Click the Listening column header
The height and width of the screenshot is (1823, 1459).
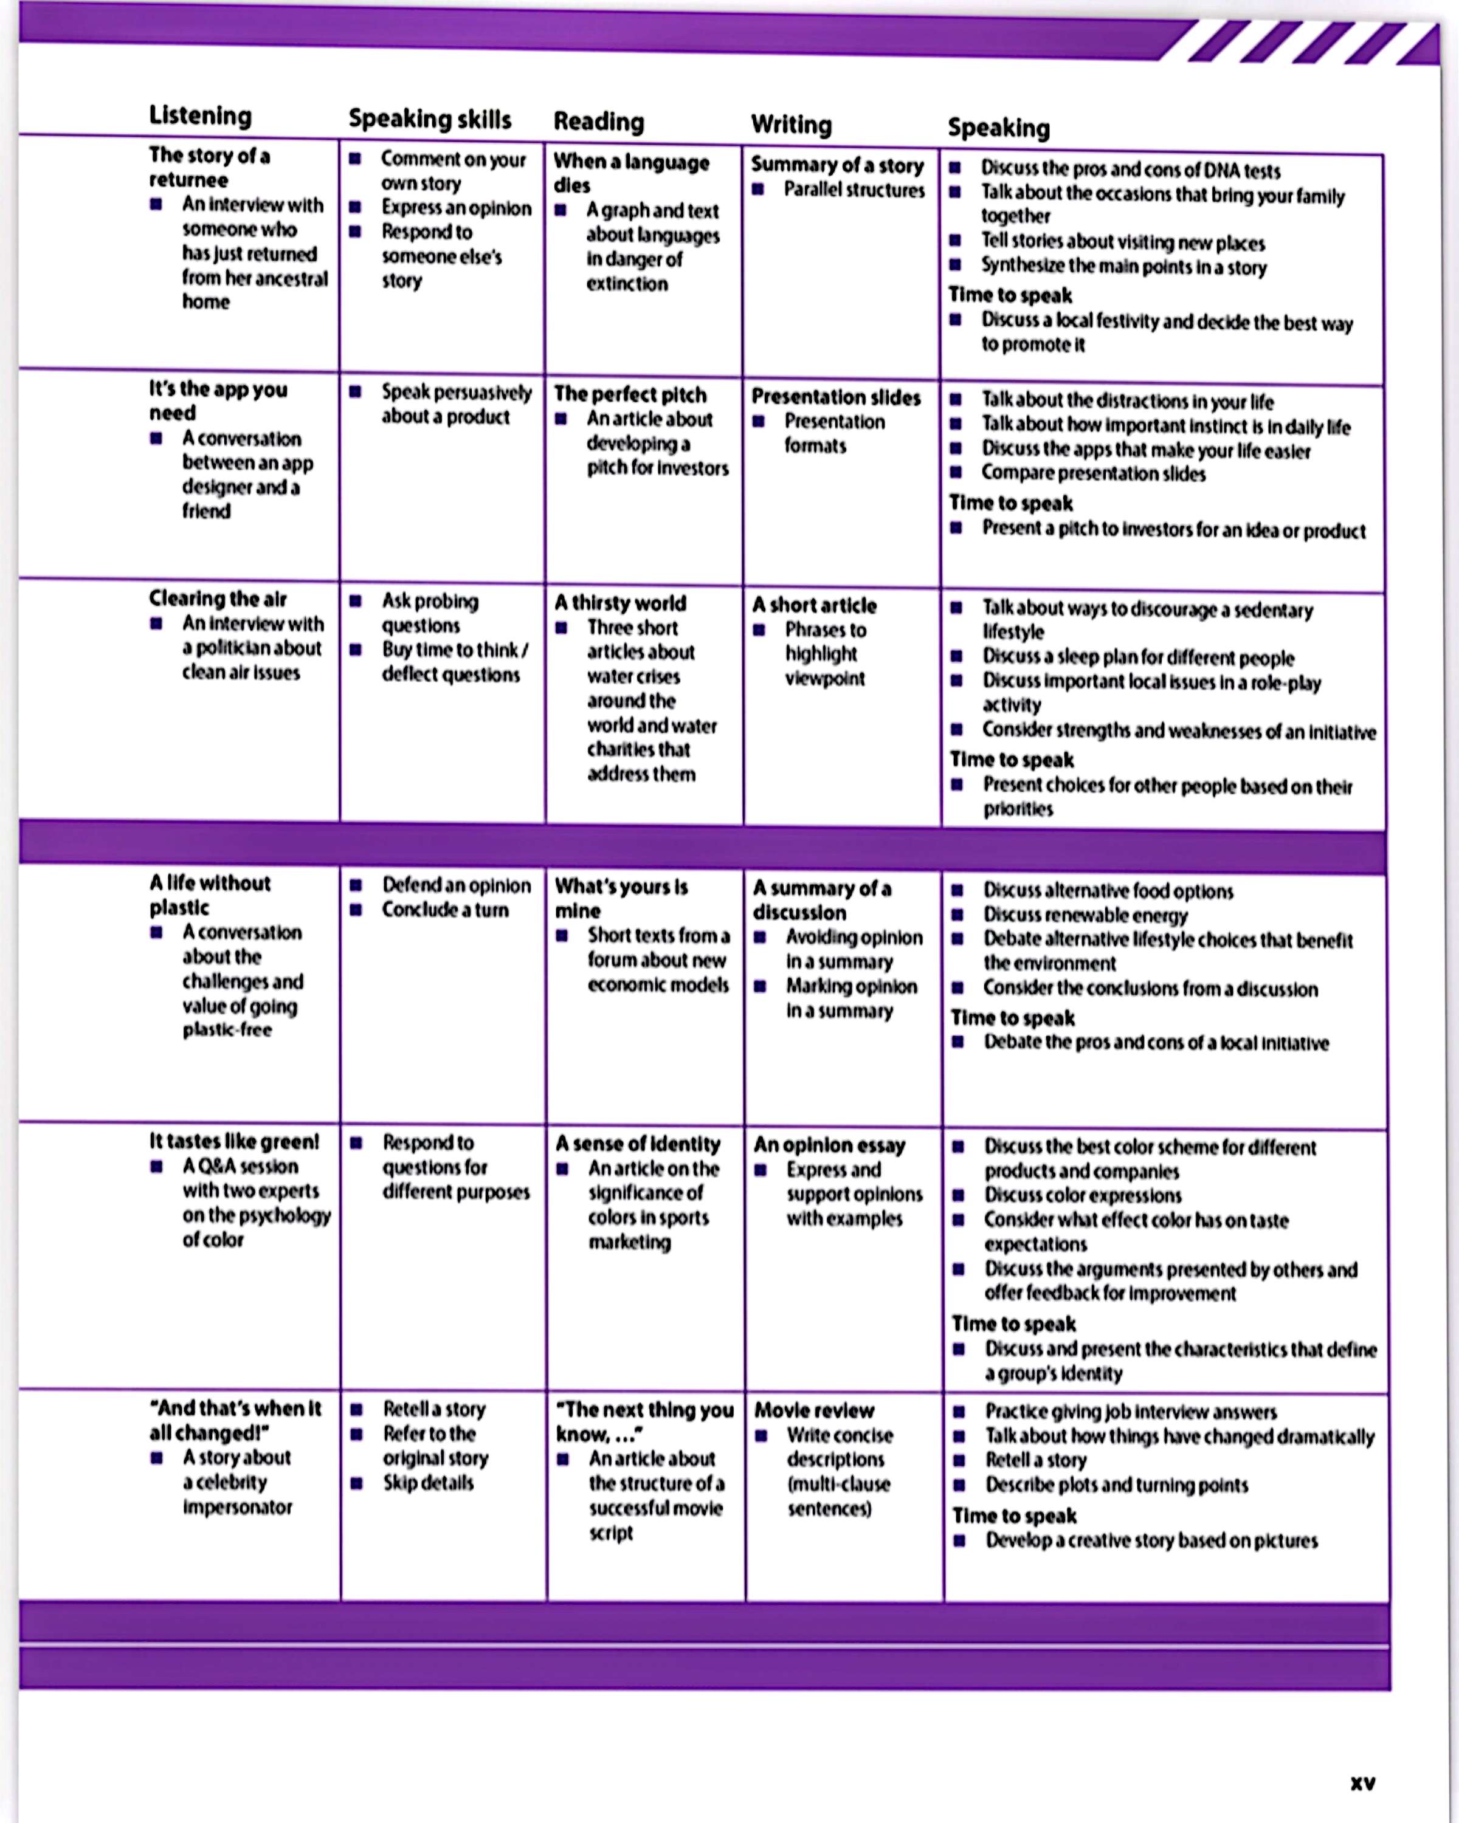201,116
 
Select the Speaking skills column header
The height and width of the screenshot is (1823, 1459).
430,119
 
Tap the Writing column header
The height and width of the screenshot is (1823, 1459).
791,125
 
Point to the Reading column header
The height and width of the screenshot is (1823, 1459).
599,122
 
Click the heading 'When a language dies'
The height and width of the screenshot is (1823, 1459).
631,173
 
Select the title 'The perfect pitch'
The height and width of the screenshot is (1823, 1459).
630,394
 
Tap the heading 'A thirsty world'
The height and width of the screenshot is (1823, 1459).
620,603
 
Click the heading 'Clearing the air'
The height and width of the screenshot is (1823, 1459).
218,599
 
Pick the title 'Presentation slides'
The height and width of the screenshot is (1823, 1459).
836,397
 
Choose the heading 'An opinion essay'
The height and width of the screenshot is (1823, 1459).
829,1145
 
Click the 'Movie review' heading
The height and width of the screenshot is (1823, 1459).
813,1410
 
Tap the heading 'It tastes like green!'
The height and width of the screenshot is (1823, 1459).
234,1141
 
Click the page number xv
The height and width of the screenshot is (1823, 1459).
1362,1784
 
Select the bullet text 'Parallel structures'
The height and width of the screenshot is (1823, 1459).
854,190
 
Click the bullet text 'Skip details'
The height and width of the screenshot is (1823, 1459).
428,1482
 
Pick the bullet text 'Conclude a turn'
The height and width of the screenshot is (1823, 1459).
445,910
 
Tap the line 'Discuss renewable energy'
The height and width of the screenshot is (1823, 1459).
1085,915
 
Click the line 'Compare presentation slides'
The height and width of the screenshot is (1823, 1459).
1094,473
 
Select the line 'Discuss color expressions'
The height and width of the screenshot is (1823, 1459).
1083,1196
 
